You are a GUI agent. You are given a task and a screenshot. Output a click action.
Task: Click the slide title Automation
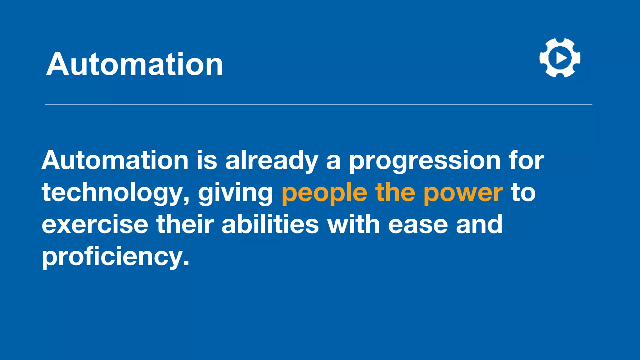135,64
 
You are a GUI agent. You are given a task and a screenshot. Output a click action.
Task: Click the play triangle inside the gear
561,58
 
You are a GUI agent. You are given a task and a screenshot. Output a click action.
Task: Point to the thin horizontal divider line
318,104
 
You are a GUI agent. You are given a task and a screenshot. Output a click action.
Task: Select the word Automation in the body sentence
115,160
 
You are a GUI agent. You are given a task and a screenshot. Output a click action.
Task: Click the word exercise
95,224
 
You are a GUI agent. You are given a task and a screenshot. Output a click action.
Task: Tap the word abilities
270,224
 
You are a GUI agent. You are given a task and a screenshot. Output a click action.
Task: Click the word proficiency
115,257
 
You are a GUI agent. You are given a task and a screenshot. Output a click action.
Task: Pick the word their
185,224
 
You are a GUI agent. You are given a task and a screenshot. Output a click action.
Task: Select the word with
353,224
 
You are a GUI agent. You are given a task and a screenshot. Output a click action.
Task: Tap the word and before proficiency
479,224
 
